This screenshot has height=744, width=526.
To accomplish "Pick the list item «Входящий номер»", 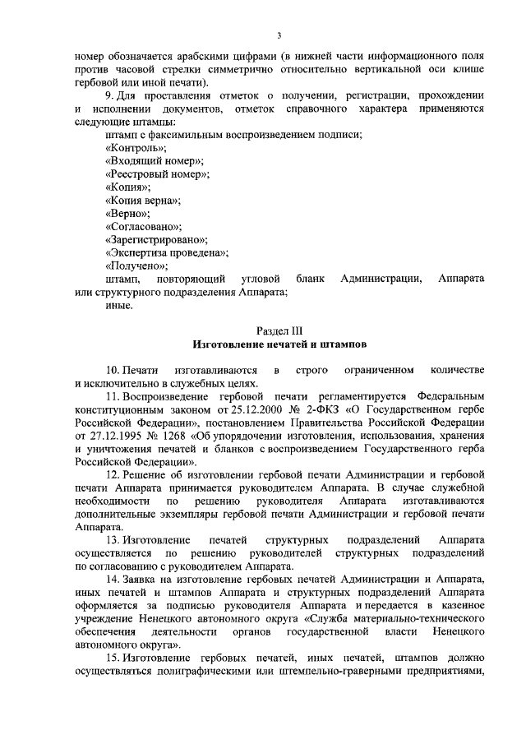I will pos(155,161).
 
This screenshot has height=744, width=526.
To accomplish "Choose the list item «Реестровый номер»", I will pos(158,174).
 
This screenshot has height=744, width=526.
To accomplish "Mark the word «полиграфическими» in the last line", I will pos(224,673).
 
